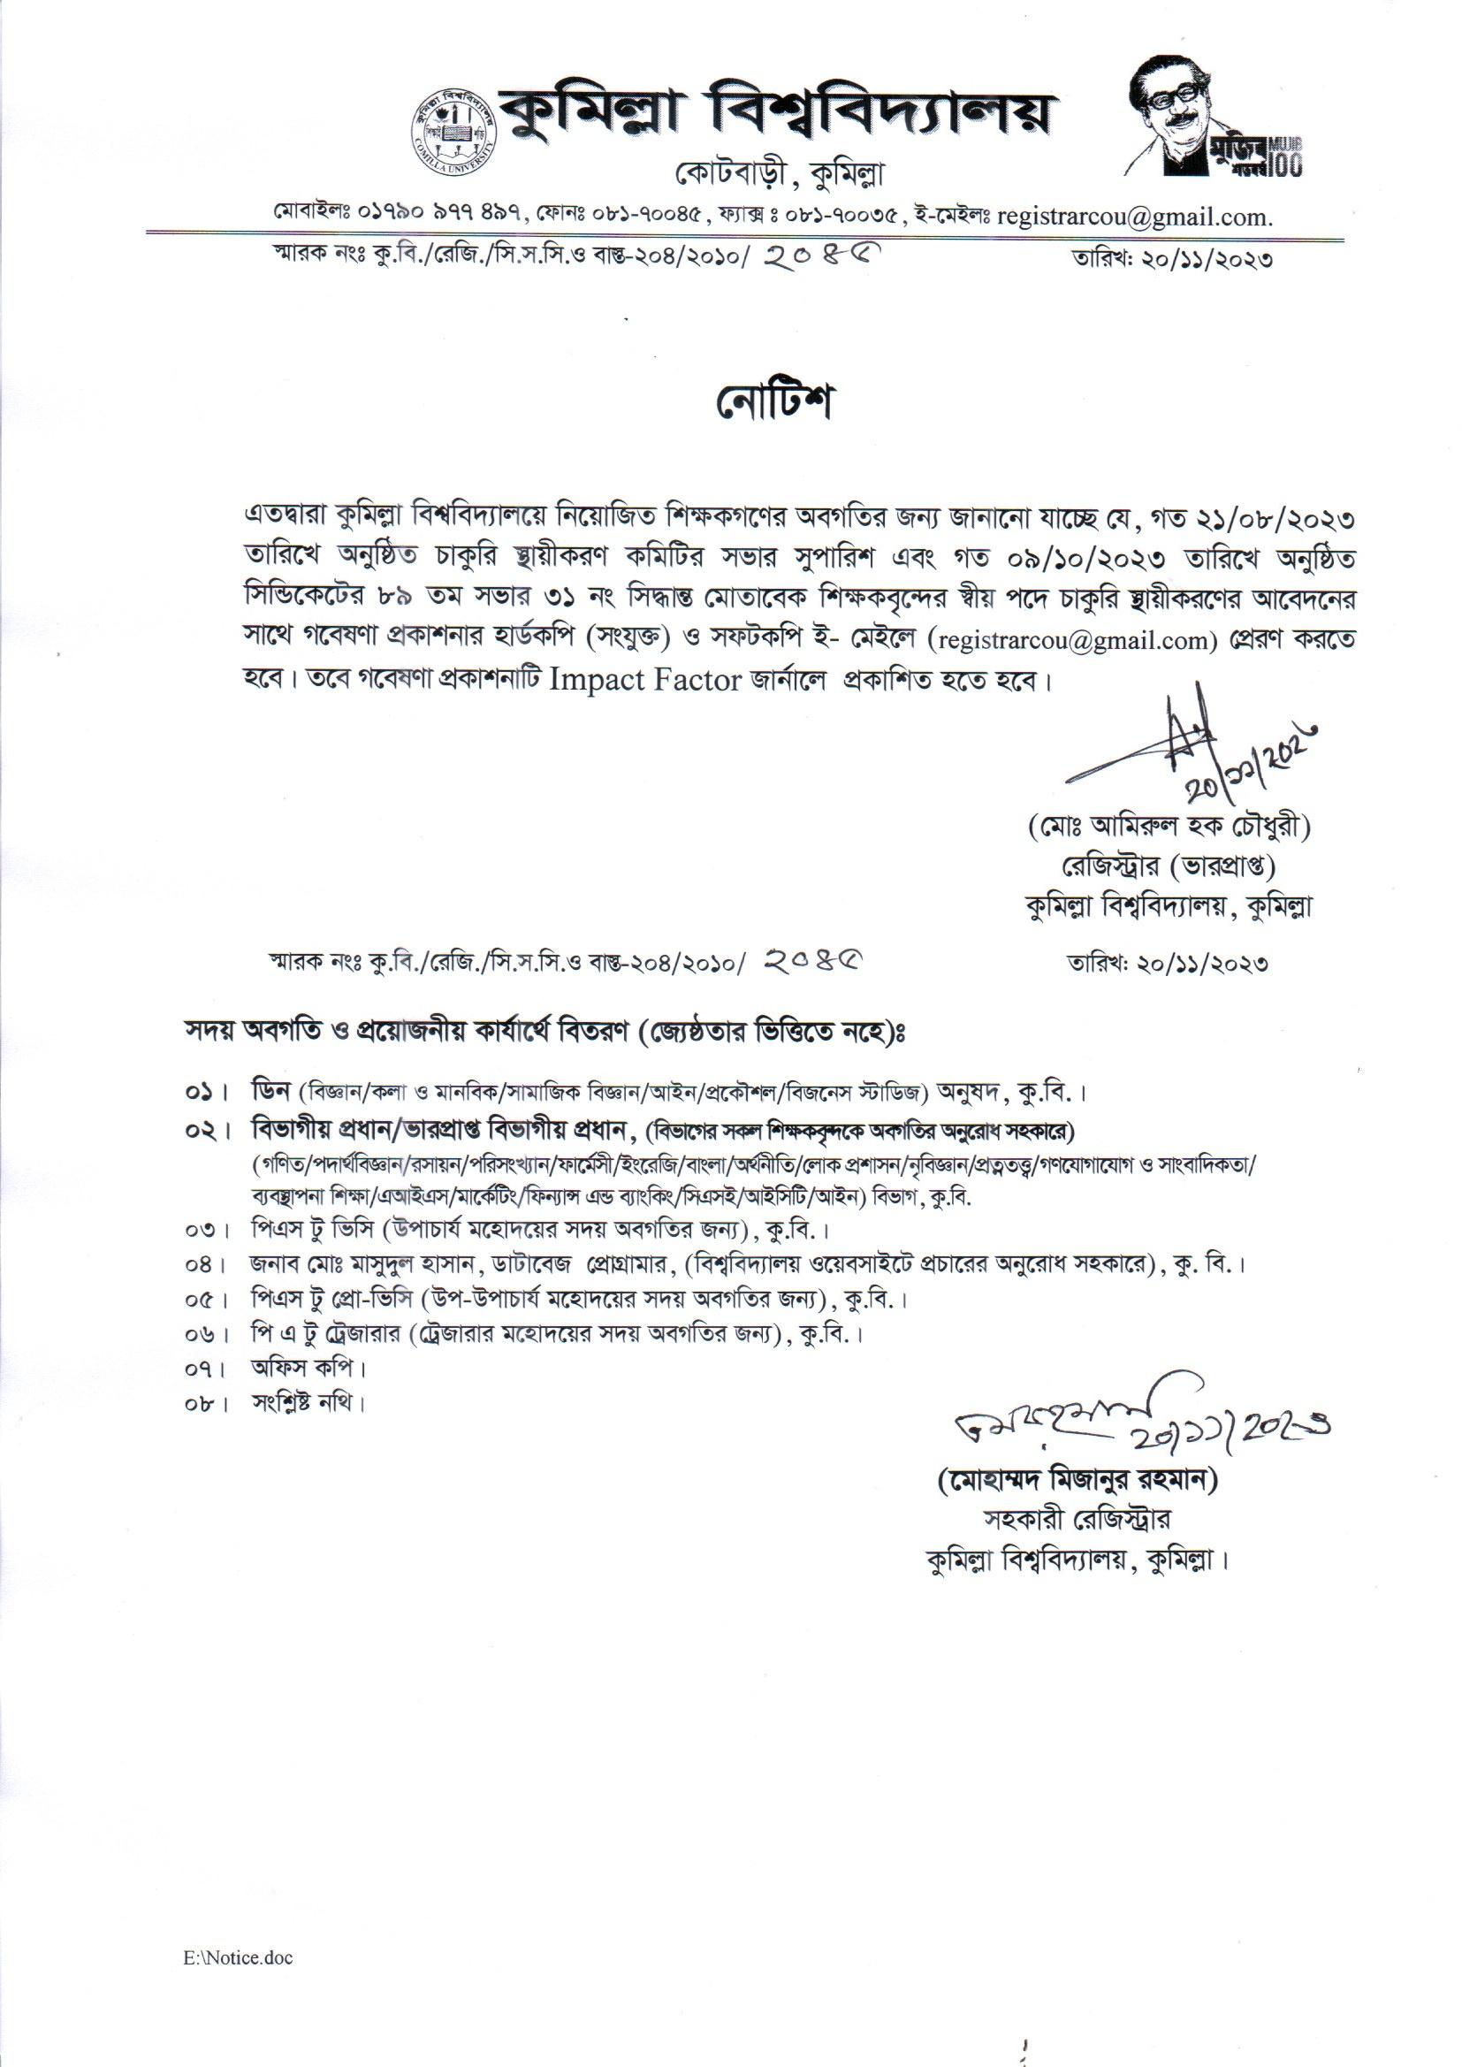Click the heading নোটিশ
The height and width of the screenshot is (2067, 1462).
[775, 404]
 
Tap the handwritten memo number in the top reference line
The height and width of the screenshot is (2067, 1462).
[819, 259]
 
